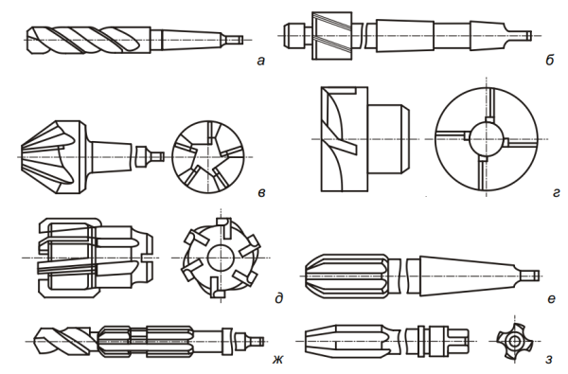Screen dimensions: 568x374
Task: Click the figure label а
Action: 260,61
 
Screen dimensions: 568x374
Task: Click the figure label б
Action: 549,60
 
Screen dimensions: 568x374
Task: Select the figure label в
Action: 261,192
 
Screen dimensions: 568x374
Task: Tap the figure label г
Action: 556,193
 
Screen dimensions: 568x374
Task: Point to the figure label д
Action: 278,298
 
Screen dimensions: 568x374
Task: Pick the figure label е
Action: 551,298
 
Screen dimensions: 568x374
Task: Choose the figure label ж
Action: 277,359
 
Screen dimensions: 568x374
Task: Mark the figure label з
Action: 549,360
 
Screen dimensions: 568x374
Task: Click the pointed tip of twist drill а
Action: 27,40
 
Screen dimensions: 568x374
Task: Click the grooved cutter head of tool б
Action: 331,35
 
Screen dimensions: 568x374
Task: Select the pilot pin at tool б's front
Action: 294,35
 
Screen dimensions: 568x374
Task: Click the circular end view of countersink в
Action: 208,157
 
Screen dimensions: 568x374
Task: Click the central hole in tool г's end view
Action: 487,139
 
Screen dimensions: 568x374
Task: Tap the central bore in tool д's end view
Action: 221,258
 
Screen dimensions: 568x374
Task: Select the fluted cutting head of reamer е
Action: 348,276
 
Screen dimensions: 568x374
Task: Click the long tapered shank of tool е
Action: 468,276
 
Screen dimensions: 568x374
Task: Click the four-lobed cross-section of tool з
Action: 514,341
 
